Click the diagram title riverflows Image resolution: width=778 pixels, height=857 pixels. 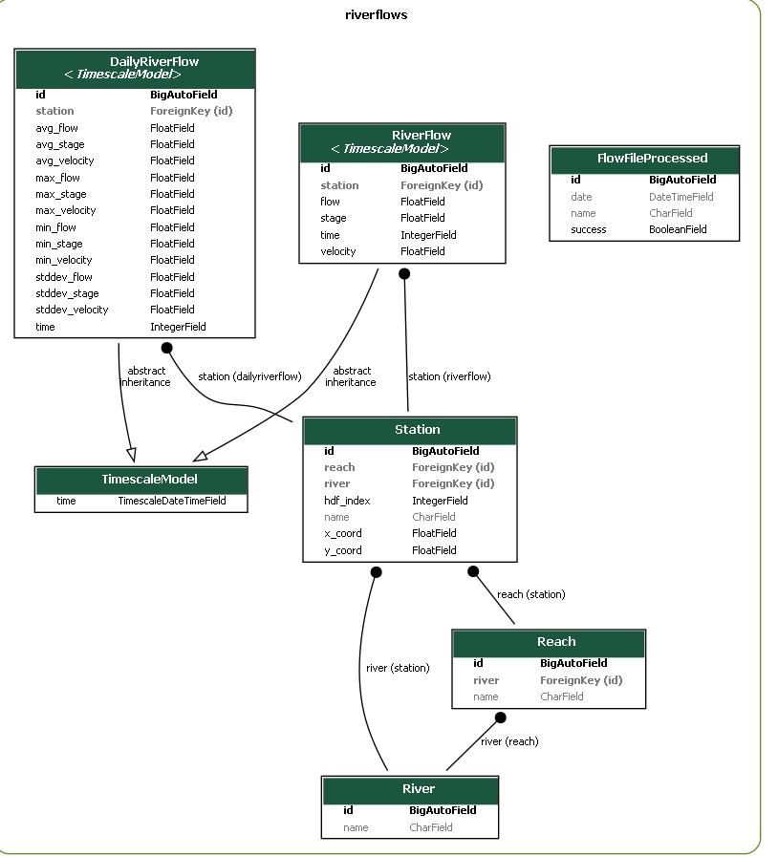(x=377, y=14)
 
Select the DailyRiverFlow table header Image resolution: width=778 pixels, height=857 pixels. (x=135, y=69)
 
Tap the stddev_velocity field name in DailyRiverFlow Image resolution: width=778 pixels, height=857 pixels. (x=72, y=310)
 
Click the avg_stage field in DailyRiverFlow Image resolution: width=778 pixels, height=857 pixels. (x=60, y=144)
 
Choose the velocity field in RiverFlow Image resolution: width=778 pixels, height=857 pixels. (x=338, y=251)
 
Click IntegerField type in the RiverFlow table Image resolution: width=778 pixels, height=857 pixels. (x=428, y=235)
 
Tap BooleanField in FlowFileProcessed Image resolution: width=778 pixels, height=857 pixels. (x=678, y=229)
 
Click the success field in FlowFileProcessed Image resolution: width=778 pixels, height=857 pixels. (x=589, y=229)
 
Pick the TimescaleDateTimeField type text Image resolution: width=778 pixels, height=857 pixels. (x=172, y=501)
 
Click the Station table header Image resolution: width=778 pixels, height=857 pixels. (x=410, y=431)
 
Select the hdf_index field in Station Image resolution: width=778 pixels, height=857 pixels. (x=347, y=501)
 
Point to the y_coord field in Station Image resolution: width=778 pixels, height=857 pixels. (x=343, y=550)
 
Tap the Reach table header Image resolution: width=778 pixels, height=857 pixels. (x=549, y=644)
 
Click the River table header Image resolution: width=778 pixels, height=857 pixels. (x=410, y=790)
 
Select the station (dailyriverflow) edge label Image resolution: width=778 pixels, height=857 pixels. (x=249, y=376)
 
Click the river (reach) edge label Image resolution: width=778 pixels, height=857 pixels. (x=509, y=741)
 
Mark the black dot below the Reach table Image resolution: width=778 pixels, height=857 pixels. (x=500, y=718)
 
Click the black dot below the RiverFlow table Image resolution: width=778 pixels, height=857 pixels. (x=404, y=274)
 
